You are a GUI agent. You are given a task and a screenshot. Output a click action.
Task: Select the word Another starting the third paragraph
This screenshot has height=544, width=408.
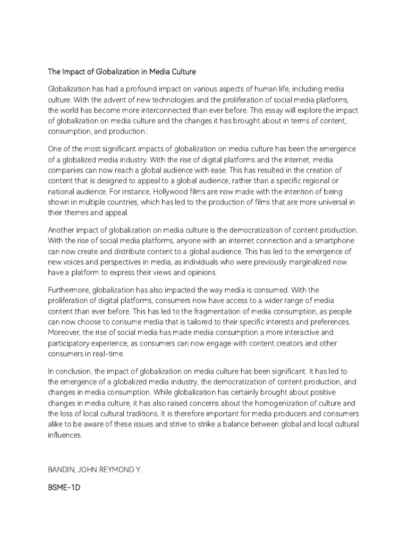62,230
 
